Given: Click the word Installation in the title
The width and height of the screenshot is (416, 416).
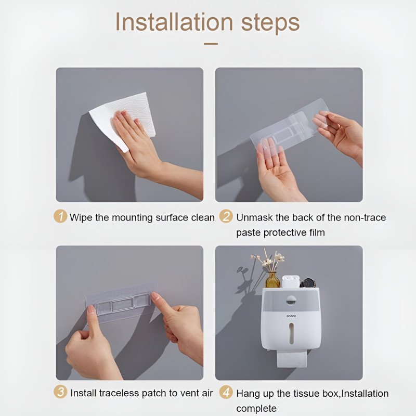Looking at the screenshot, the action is (174, 22).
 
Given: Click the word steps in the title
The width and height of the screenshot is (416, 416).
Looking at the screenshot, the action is (270, 23).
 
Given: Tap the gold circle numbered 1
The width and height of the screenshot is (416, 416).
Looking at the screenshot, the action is (60, 216).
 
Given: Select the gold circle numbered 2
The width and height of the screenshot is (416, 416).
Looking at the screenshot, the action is (226, 216).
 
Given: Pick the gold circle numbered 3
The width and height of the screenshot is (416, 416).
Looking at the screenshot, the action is (60, 392).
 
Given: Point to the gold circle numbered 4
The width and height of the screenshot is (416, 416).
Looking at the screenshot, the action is (226, 392).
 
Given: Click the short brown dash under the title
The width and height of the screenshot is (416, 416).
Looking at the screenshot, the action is (211, 44).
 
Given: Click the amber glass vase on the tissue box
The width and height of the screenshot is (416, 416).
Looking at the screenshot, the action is (272, 280).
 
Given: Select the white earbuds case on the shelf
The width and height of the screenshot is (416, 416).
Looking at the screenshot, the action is (291, 282).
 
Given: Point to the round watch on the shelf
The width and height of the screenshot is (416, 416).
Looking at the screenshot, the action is (308, 283).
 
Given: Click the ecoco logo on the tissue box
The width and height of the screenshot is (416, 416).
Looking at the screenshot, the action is (291, 316).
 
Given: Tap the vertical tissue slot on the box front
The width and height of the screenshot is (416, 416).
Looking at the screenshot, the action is (291, 333).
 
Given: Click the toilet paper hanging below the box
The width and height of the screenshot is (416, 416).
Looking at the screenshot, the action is (292, 359).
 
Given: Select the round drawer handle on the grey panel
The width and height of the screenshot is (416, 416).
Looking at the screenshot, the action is (291, 302).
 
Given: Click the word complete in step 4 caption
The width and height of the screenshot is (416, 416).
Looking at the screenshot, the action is (256, 409).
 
